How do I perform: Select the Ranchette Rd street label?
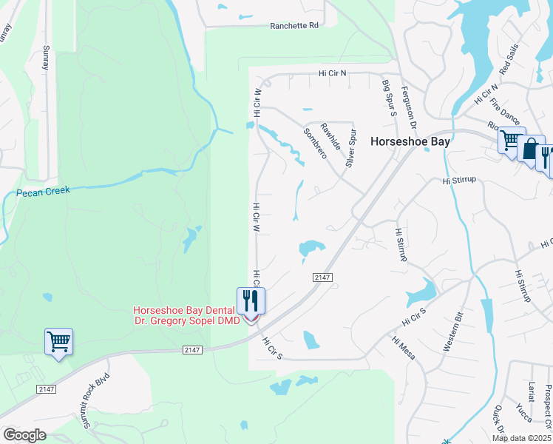tap(294, 25)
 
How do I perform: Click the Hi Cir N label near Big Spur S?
tap(333, 73)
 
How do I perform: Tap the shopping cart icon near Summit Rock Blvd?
tap(58, 341)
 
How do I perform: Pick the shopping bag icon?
tap(531, 149)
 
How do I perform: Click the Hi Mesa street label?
tap(404, 349)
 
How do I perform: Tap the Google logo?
tap(24, 435)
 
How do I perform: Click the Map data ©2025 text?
tap(522, 438)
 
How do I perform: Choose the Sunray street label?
tap(46, 55)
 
